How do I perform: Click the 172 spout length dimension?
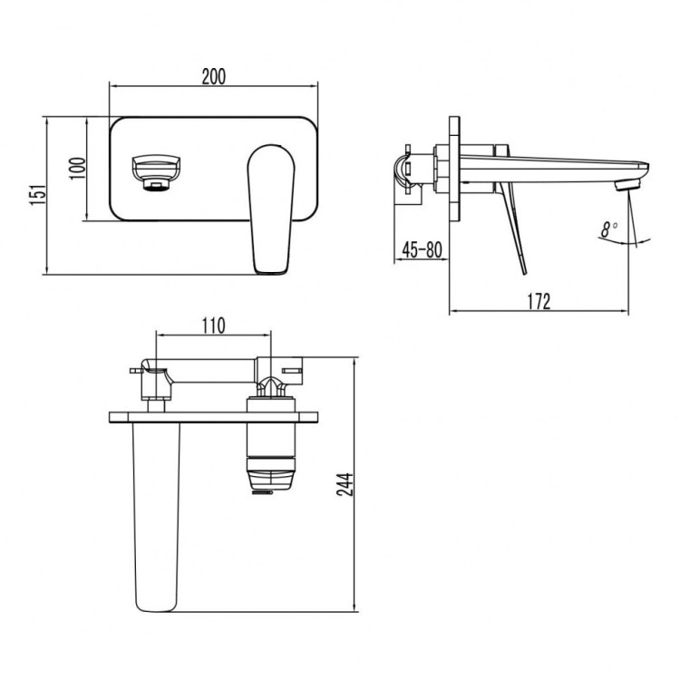click(x=539, y=302)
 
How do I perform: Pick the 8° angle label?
click(x=608, y=229)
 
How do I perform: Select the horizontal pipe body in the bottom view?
click(x=212, y=373)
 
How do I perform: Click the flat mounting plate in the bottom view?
click(x=216, y=418)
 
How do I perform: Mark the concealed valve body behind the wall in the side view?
click(x=415, y=170)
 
